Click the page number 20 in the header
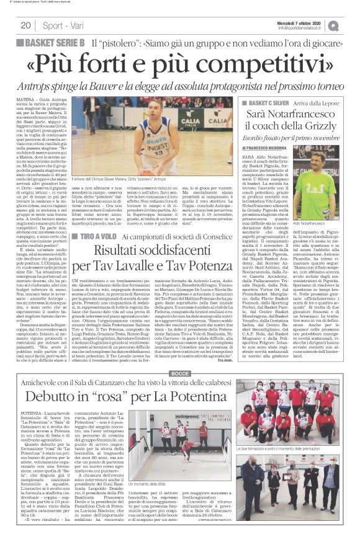27,25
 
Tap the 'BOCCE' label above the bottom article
179,357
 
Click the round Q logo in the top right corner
351,25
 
